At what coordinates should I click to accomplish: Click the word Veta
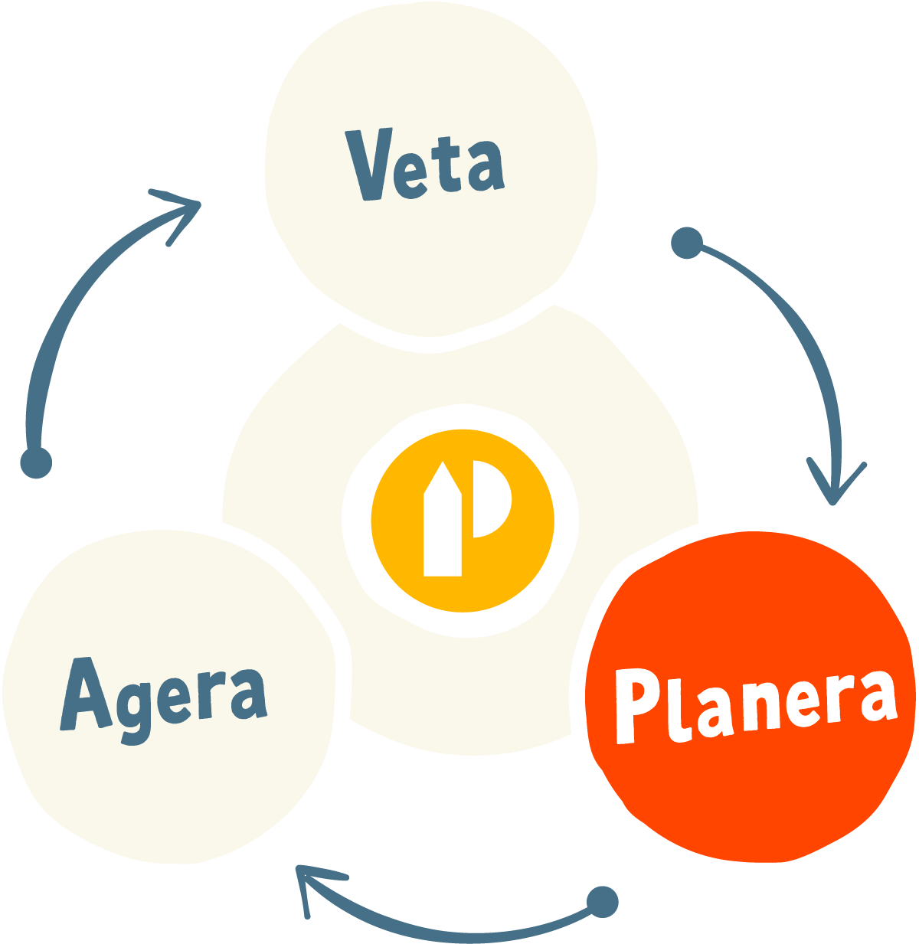pos(426,165)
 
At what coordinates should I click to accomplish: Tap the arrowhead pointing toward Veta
pos(181,211)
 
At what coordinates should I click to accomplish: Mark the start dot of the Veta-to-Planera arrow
pos(686,243)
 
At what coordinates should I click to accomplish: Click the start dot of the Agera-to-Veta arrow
pos(35,462)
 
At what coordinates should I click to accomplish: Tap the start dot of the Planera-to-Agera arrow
pos(602,902)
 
